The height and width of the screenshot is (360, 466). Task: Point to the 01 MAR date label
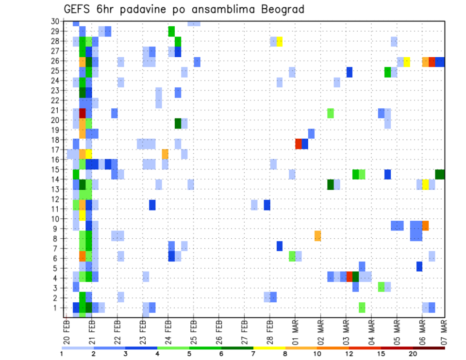pos(294,332)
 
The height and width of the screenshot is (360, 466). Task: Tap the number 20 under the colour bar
pos(413,354)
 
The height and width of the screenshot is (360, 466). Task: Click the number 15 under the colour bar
pos(382,354)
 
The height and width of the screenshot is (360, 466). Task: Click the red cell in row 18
pos(299,144)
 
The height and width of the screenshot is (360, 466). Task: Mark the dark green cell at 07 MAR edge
pos(440,174)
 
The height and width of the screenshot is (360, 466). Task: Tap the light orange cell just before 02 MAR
pos(317,236)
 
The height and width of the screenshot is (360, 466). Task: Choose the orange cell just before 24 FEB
pos(165,154)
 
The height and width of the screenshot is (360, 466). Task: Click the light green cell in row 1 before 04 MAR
pos(362,308)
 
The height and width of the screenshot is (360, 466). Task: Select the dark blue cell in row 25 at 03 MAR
pos(349,72)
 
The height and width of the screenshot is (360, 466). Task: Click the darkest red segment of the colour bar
pos(429,347)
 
